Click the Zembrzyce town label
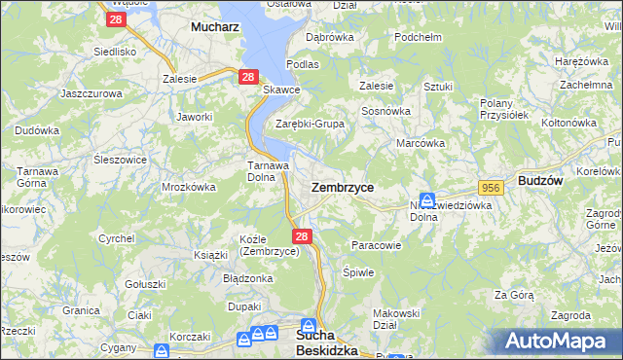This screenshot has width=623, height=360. (342, 186)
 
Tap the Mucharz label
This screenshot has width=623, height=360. (215, 28)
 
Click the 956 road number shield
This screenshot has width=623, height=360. (490, 186)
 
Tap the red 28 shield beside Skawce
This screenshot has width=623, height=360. (248, 77)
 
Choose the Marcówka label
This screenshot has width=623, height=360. (421, 143)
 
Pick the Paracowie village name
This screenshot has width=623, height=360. (376, 245)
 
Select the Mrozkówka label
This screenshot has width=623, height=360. (188, 186)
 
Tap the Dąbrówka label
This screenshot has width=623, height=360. (329, 37)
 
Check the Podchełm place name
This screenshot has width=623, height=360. (420, 37)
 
